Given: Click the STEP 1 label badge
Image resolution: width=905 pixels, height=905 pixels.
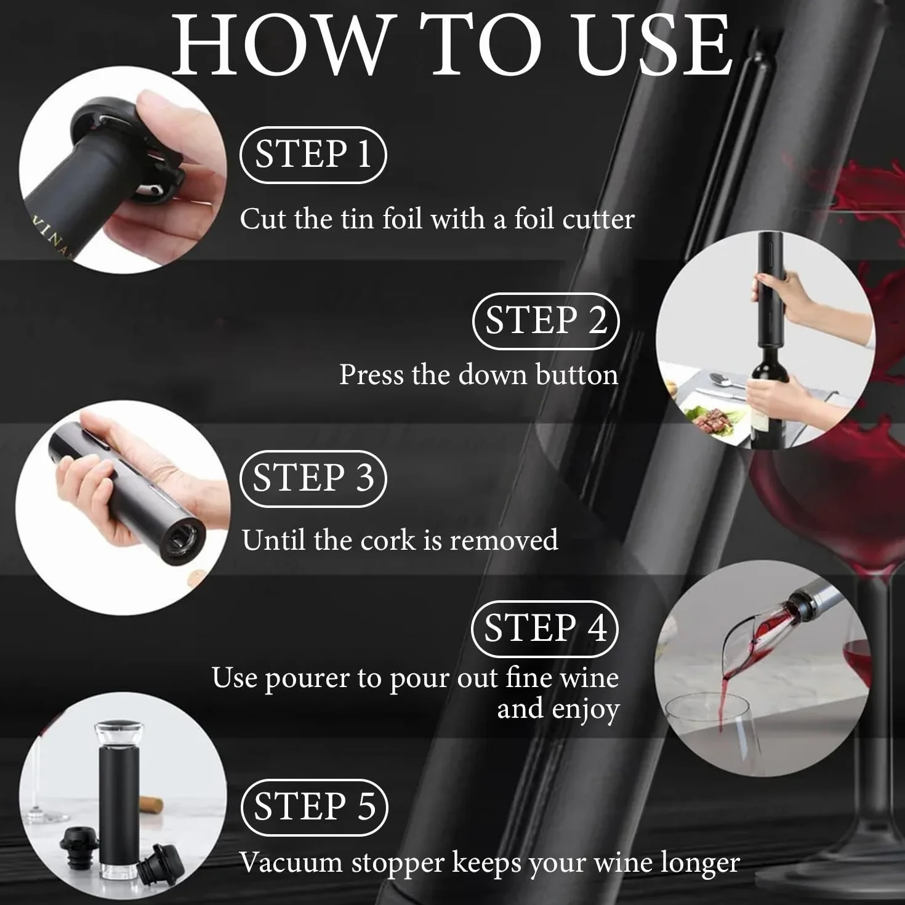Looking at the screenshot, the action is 313,155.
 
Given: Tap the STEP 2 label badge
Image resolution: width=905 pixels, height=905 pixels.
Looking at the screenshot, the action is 545,321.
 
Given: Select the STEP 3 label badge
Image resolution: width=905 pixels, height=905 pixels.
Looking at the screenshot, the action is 313,478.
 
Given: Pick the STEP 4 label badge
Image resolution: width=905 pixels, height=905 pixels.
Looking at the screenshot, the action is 545,629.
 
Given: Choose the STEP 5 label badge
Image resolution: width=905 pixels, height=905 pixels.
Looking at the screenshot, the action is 314,807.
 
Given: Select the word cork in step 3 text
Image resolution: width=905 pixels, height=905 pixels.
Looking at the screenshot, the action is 388,540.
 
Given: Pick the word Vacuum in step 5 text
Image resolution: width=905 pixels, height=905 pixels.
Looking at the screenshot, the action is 291,863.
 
